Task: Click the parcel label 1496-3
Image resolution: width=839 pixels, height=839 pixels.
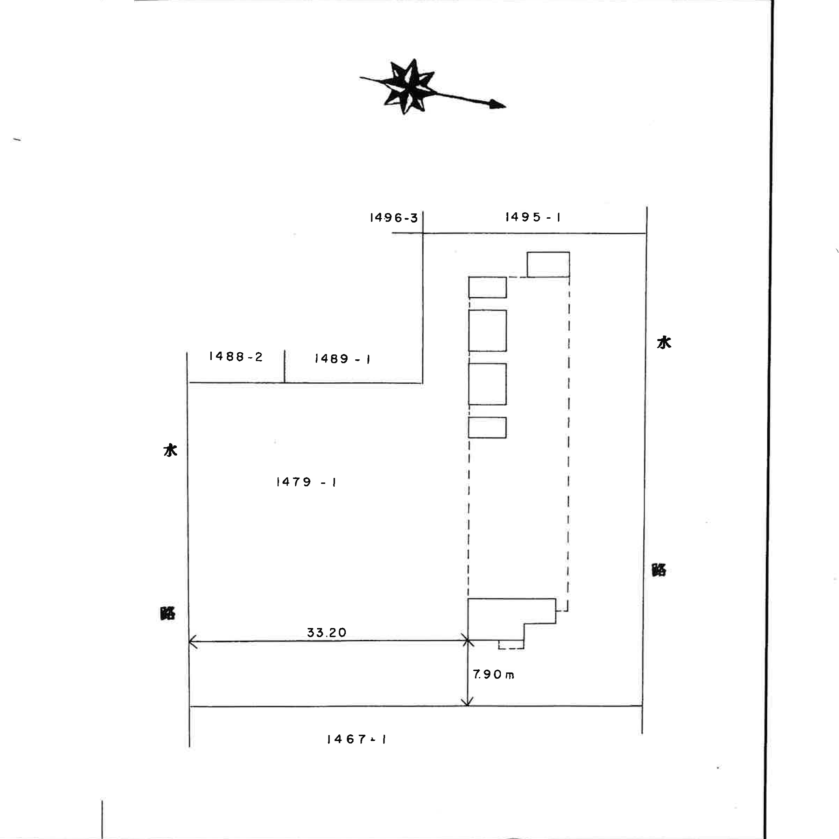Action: [x=394, y=218]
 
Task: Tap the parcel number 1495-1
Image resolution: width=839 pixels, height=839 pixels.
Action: [x=533, y=217]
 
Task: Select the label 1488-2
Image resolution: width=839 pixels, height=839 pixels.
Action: [x=236, y=357]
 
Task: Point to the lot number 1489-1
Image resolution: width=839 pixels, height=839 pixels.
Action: [x=343, y=359]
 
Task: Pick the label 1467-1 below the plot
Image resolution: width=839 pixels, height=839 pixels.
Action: [x=357, y=739]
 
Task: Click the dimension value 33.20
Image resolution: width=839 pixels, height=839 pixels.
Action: [x=326, y=632]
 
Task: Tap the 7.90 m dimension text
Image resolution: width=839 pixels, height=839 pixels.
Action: [x=493, y=675]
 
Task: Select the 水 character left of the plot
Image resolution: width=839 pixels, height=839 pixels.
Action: [x=170, y=450]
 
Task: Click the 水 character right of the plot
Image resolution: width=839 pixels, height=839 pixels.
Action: [x=664, y=343]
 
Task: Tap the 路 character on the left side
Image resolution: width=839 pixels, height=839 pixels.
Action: [x=168, y=613]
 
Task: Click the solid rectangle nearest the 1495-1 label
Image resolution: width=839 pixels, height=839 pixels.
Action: [x=548, y=264]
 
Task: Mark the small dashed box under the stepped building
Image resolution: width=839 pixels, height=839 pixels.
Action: [x=511, y=644]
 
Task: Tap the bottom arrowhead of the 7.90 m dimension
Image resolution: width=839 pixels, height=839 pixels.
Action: [x=467, y=703]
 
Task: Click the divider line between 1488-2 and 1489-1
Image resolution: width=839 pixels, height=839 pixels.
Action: [x=284, y=366]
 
